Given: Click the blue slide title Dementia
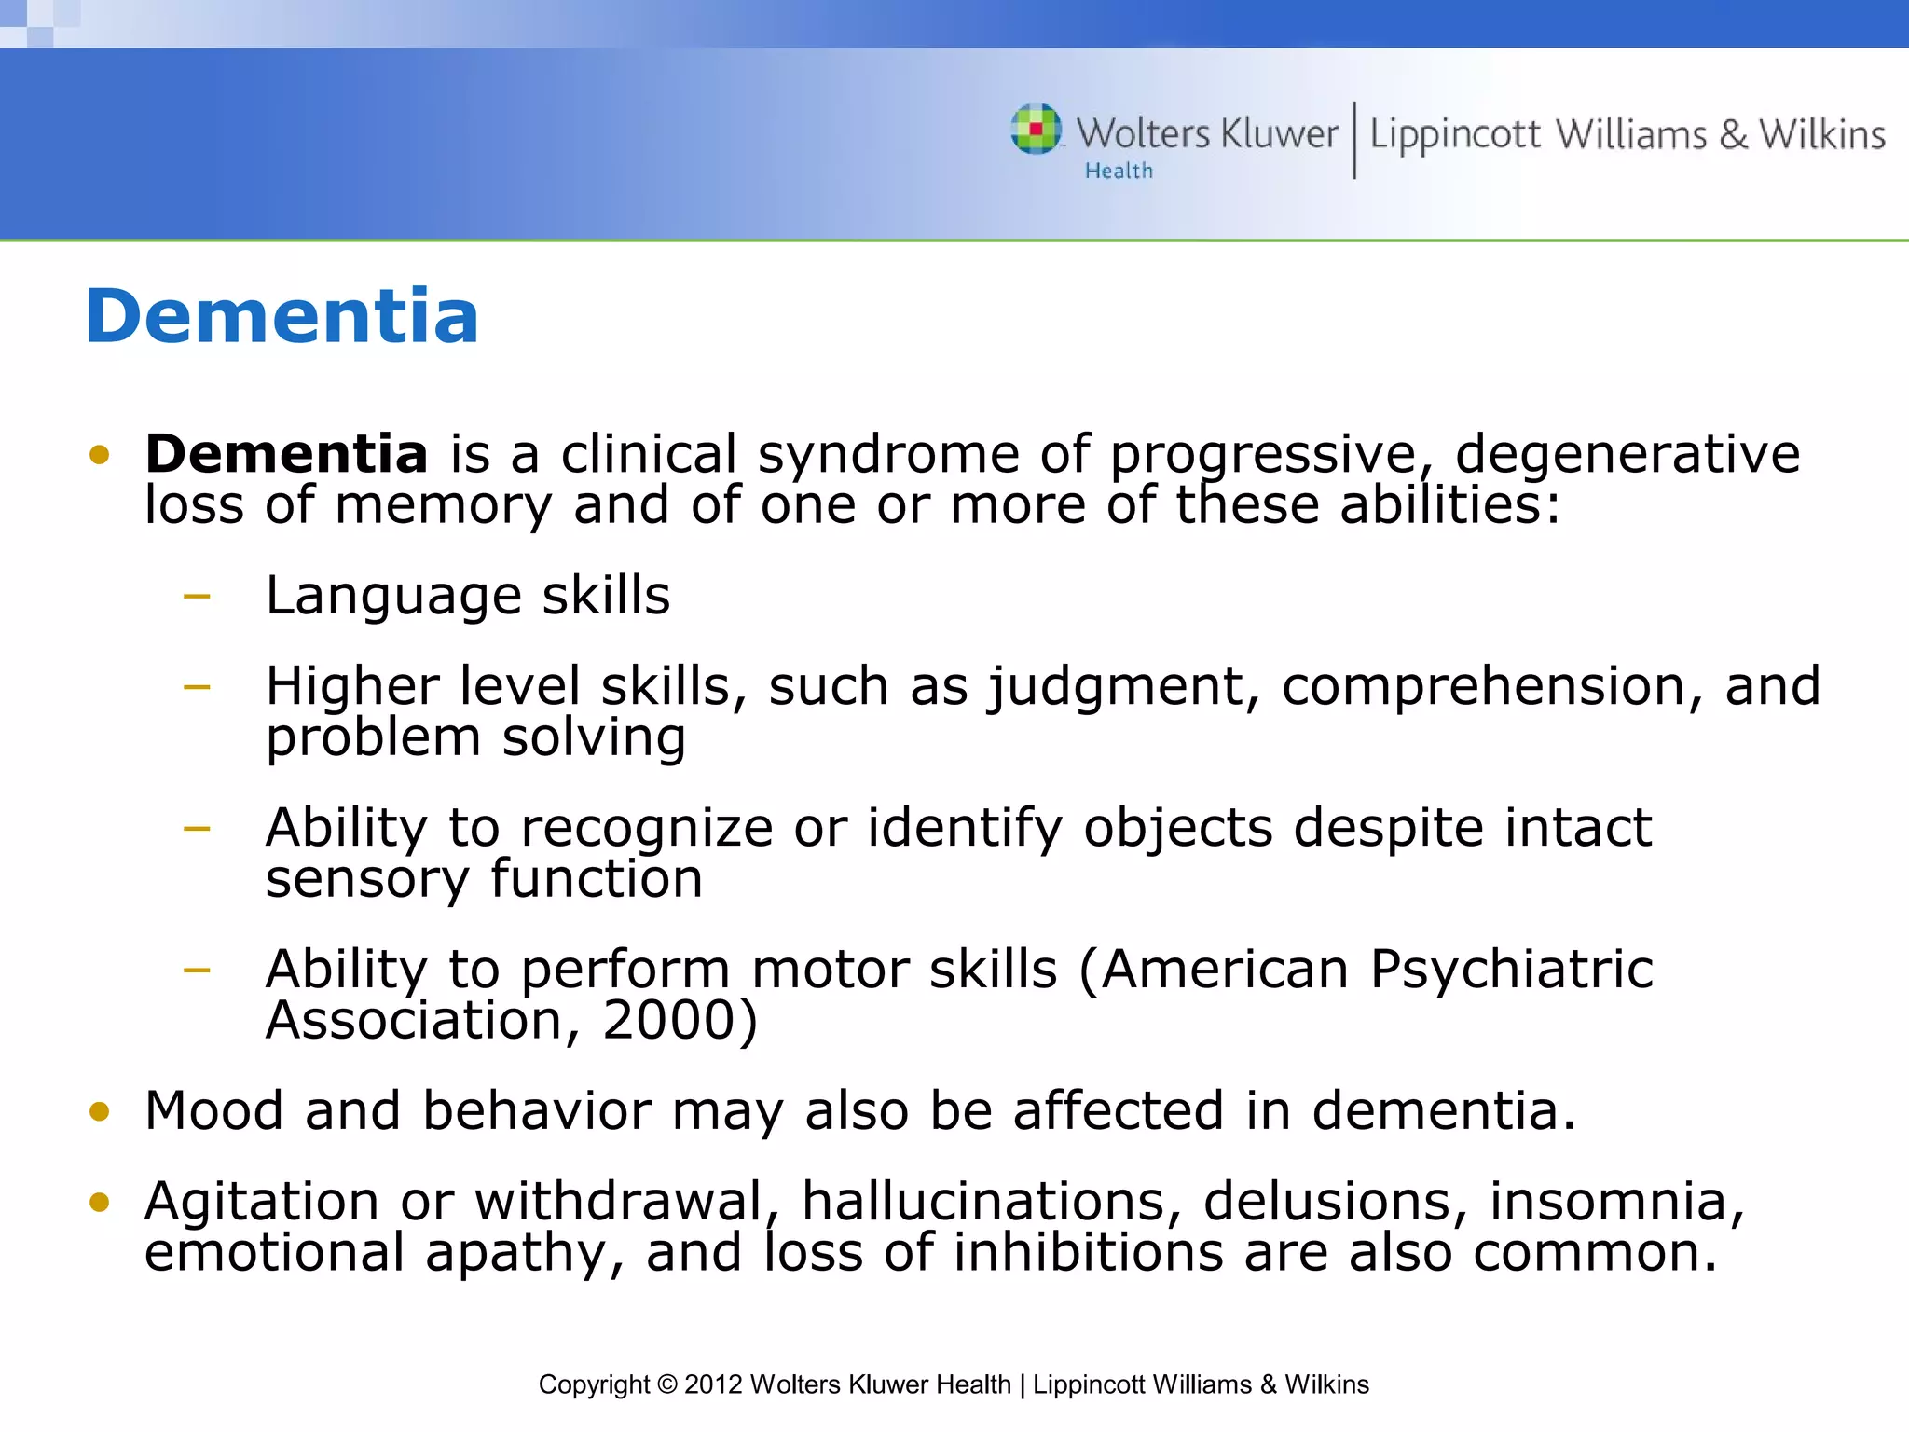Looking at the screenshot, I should tap(282, 317).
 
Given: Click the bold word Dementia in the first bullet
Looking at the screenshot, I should tap(286, 455).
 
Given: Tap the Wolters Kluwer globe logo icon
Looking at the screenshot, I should tap(1037, 129).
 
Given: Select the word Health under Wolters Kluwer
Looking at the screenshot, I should tap(1119, 172).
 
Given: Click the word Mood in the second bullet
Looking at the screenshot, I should tap(214, 1111).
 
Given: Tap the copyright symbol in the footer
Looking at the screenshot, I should tap(666, 1384).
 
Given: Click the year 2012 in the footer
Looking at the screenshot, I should tap(713, 1384).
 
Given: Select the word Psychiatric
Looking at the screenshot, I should tap(1511, 970).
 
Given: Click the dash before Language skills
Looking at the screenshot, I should tap(198, 596).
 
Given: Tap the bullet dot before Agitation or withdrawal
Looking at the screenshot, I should tap(100, 1203).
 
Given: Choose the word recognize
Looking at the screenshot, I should tap(646, 830).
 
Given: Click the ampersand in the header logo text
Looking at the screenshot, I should tap(1733, 135).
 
